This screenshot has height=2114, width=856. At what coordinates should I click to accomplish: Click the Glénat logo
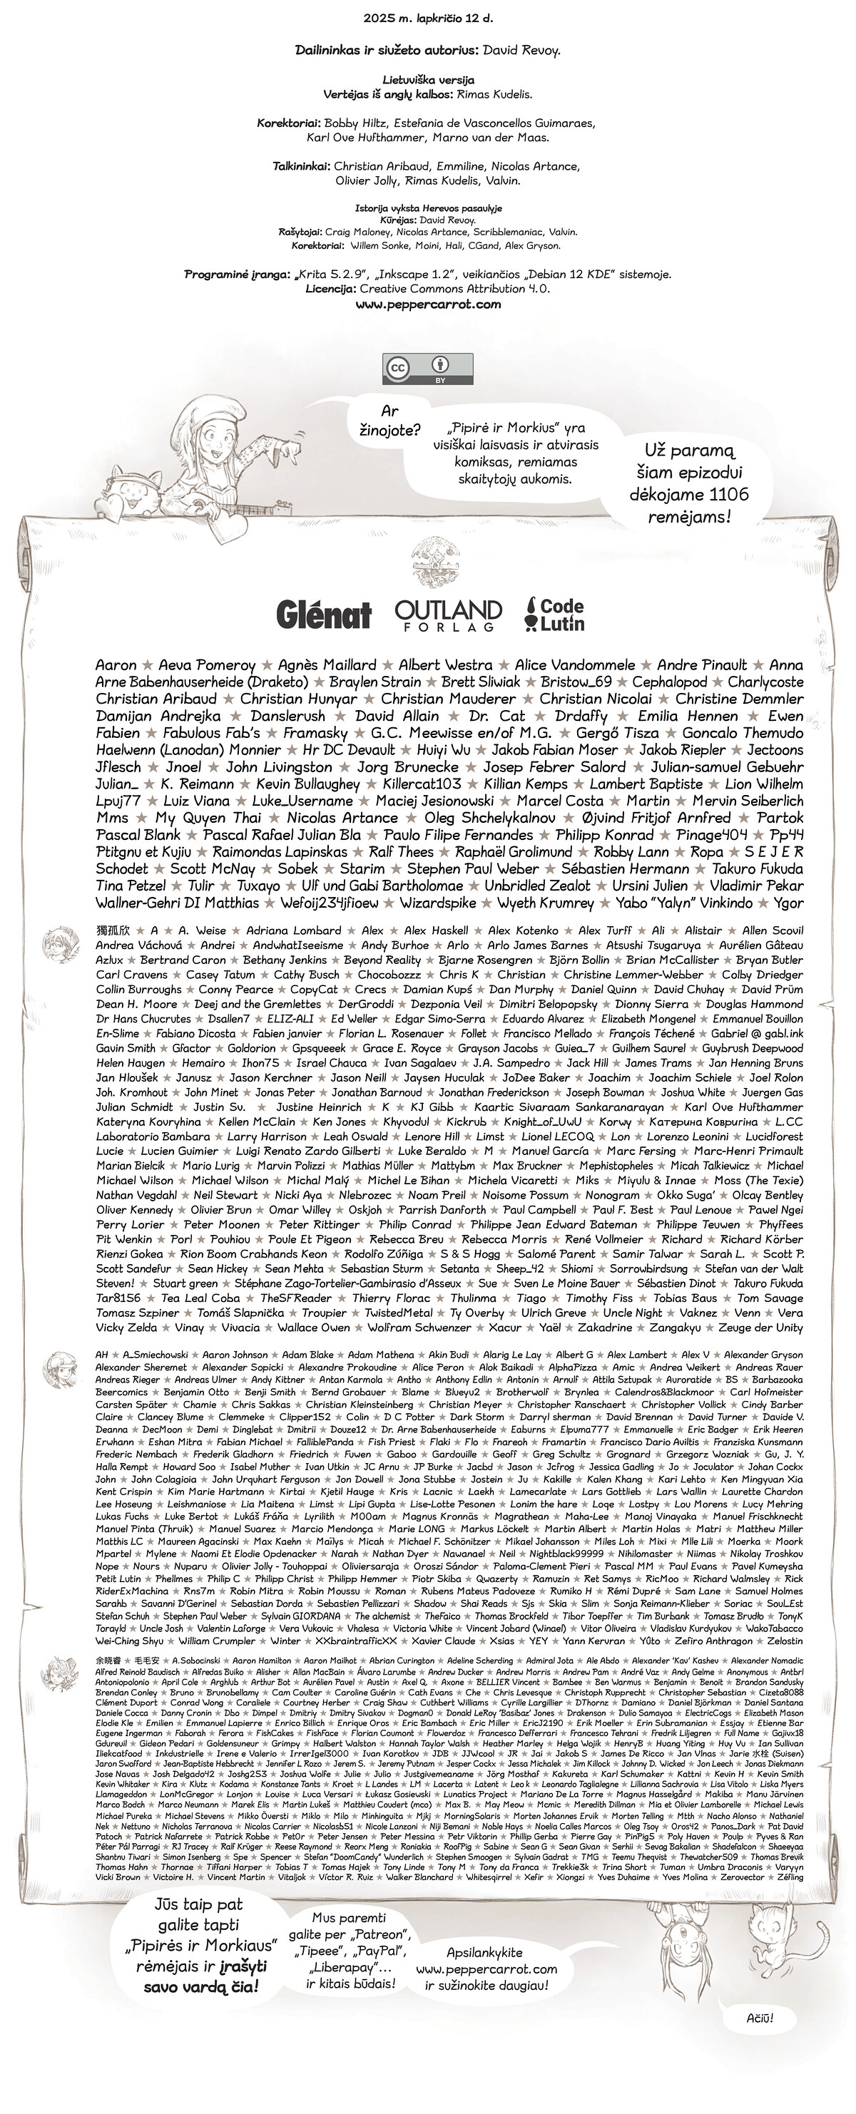coord(323,614)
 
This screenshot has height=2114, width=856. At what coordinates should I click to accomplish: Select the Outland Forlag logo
coord(447,614)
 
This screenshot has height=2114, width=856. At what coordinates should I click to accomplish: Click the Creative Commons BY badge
coord(427,369)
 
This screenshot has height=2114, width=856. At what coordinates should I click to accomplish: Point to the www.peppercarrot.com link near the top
coord(427,304)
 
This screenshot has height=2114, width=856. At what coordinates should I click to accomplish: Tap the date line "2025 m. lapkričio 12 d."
coord(427,17)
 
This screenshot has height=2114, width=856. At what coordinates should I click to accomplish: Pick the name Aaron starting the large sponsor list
coord(116,665)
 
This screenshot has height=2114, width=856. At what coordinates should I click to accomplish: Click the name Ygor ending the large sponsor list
coord(788,903)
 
